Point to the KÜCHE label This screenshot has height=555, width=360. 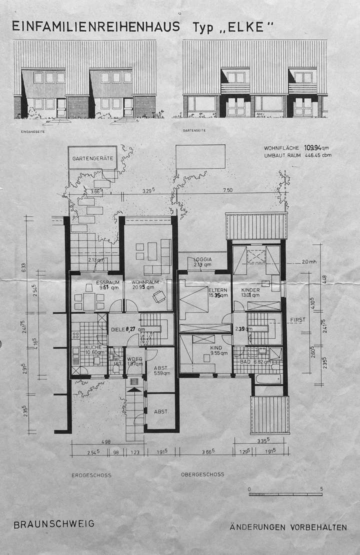tap(93, 346)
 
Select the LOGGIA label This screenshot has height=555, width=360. tap(202, 259)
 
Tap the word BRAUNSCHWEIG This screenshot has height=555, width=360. tap(53, 525)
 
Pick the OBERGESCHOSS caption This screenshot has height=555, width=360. tap(202, 474)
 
